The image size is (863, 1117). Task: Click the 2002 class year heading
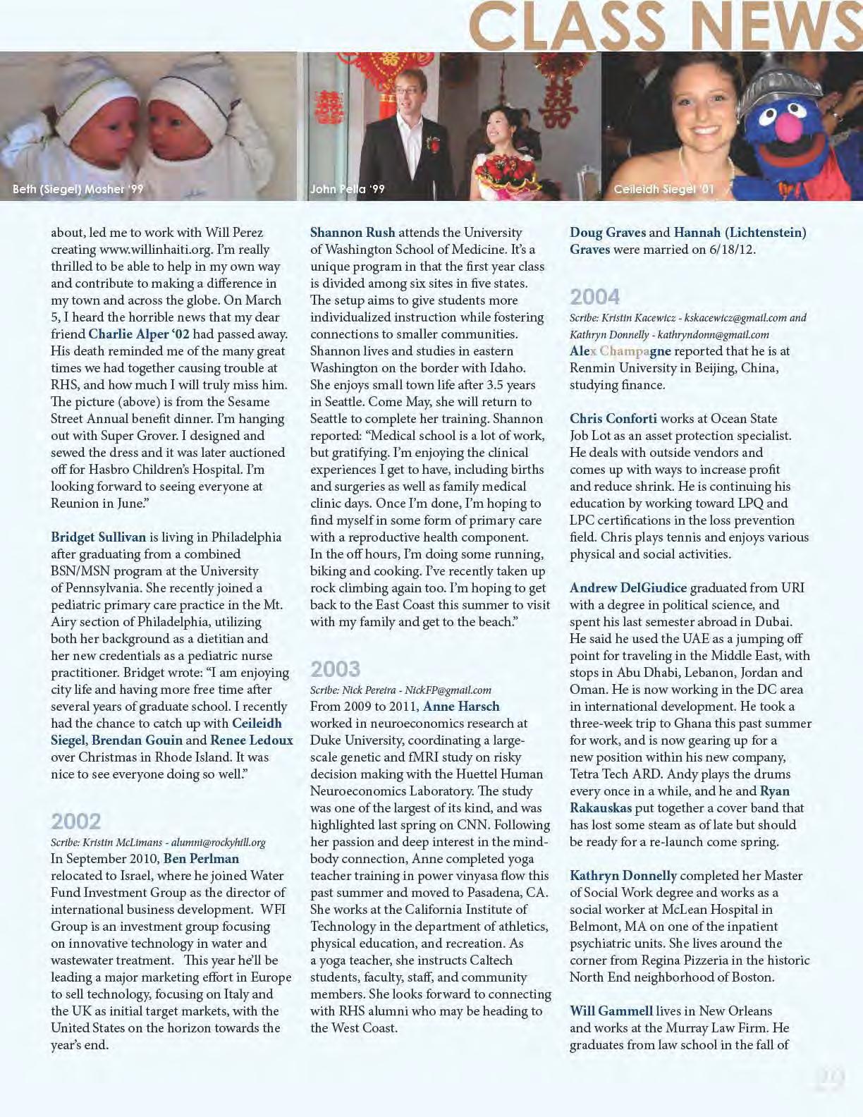point(76,821)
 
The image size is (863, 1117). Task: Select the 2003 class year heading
point(336,669)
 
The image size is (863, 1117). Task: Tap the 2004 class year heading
point(595,296)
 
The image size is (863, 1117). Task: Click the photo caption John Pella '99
point(348,189)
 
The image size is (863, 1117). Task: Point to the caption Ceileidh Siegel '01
point(663,189)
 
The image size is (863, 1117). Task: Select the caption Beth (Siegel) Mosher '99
point(78,189)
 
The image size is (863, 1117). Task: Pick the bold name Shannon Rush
point(353,233)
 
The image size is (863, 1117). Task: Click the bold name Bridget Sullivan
point(99,537)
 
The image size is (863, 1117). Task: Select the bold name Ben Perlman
point(202,859)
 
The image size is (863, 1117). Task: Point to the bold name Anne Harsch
point(461,707)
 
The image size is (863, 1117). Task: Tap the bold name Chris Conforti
point(613,419)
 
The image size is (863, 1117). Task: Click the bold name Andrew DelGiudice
point(628,588)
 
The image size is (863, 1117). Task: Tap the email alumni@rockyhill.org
point(219,843)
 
